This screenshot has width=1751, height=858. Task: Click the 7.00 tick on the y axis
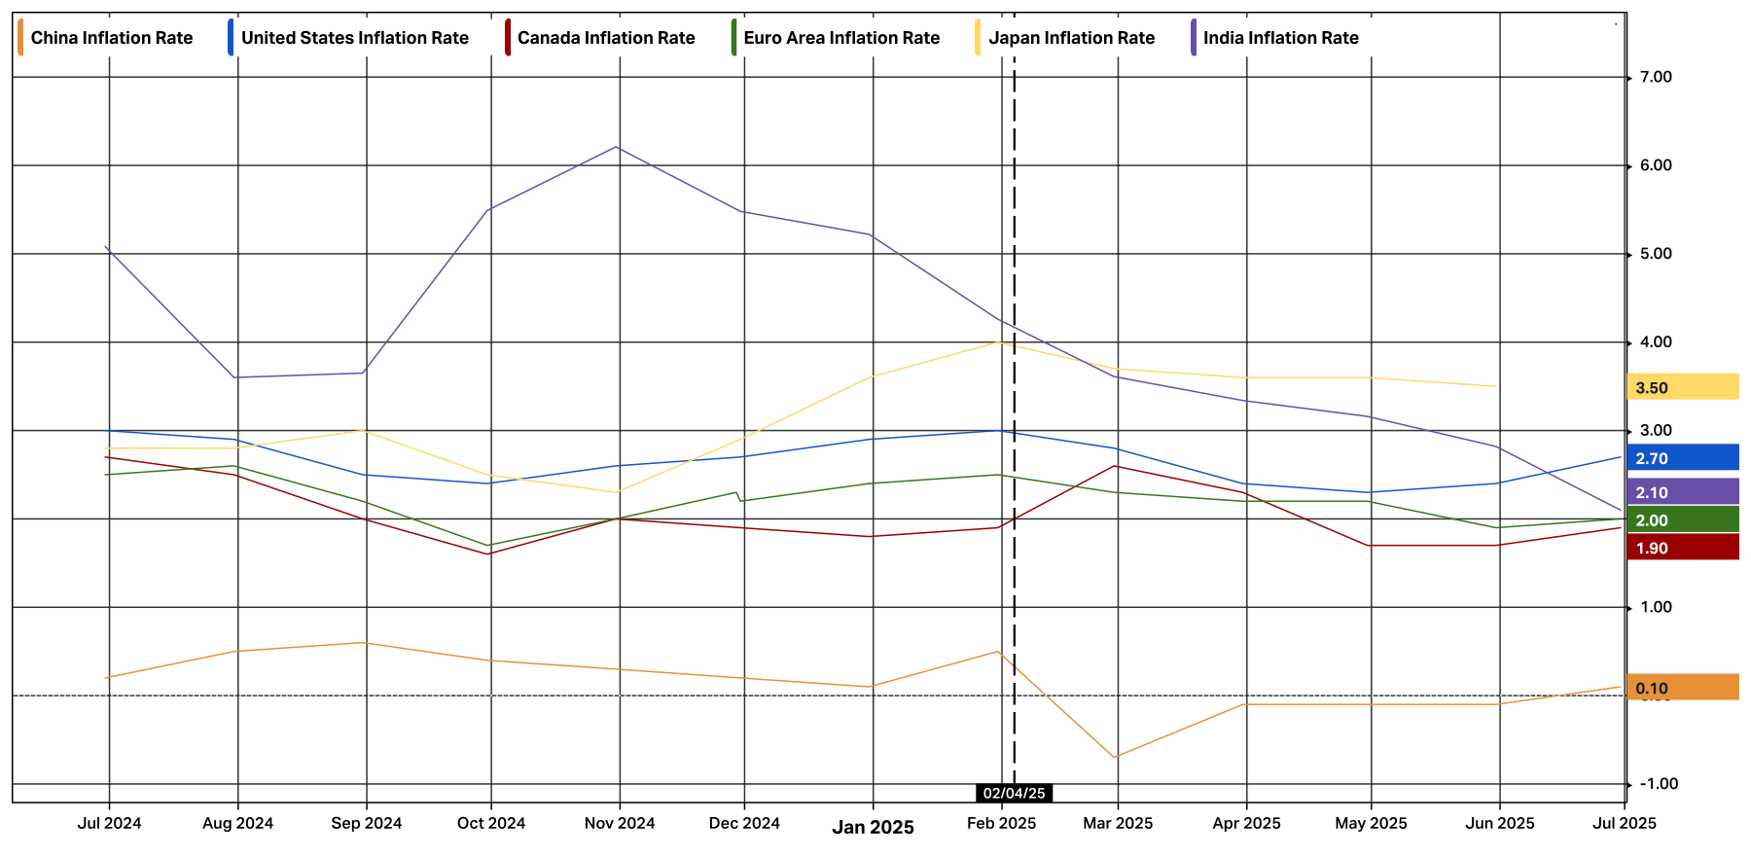coord(1656,77)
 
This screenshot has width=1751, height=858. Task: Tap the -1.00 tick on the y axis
coord(1658,784)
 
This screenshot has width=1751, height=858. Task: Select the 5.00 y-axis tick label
coord(1656,254)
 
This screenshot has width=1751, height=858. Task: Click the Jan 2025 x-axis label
coord(873,827)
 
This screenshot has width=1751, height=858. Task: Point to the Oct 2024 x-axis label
coord(491,823)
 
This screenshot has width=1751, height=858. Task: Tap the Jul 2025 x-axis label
coord(1624,823)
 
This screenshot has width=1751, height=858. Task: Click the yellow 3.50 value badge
coord(1682,387)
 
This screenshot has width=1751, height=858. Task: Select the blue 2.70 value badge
coord(1682,458)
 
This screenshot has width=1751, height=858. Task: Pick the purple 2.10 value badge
coord(1682,492)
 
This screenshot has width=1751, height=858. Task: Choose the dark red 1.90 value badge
coord(1682,548)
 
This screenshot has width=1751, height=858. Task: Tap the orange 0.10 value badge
coord(1682,688)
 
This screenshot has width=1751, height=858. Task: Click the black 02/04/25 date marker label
coord(1014,793)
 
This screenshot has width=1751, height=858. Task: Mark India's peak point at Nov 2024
coord(617,147)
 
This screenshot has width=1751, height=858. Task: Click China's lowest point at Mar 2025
coord(1115,757)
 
